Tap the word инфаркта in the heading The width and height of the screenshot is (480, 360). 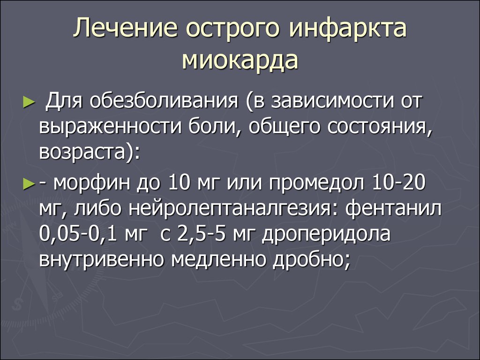[348, 29]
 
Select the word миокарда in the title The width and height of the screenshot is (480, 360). [240, 60]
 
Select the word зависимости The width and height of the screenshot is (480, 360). [332, 101]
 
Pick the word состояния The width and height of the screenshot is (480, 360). [380, 127]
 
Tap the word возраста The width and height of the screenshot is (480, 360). [82, 152]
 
